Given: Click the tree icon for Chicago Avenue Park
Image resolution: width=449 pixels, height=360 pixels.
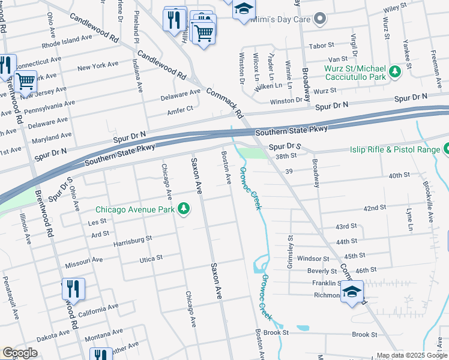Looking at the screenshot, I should pyautogui.click(x=184, y=209).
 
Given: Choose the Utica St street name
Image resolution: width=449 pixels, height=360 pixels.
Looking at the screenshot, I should pyautogui.click(x=151, y=258).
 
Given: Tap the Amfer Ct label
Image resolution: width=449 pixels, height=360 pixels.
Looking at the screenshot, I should pyautogui.click(x=181, y=109).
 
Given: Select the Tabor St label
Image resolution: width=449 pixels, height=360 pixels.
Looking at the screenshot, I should pyautogui.click(x=321, y=46).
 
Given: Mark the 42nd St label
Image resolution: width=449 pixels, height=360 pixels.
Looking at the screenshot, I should pyautogui.click(x=374, y=208).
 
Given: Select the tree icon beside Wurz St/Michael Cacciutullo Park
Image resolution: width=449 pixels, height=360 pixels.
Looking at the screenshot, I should pyautogui.click(x=395, y=72).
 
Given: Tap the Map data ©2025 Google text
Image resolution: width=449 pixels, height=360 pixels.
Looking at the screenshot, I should pyautogui.click(x=412, y=355).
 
